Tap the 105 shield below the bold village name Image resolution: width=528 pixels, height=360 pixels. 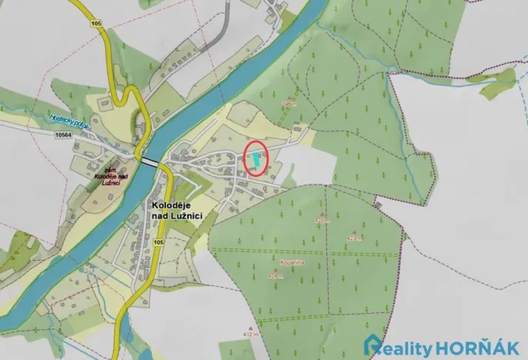(159, 243)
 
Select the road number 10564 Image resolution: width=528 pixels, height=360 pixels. (68, 134)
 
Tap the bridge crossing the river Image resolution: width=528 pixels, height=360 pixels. (151, 162)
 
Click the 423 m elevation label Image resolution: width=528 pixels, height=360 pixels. (355, 238)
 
